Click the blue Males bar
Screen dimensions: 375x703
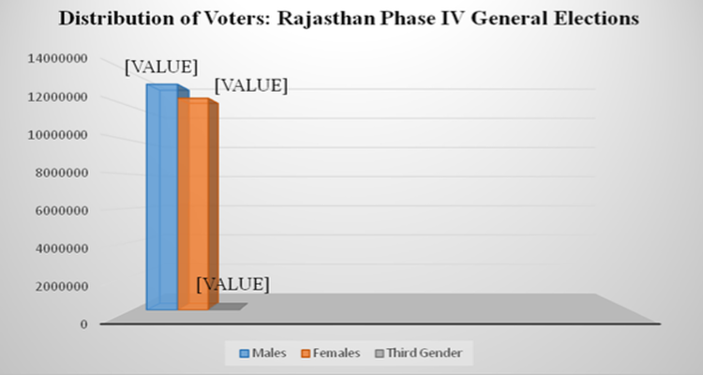pos(160,197)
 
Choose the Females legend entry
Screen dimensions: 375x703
pos(331,353)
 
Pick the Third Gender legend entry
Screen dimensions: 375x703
pos(423,353)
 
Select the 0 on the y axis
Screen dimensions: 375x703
pos(83,323)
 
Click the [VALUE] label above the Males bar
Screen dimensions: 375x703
pos(161,67)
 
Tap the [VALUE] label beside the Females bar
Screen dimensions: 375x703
pos(250,85)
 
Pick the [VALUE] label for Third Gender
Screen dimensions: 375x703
pos(233,283)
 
